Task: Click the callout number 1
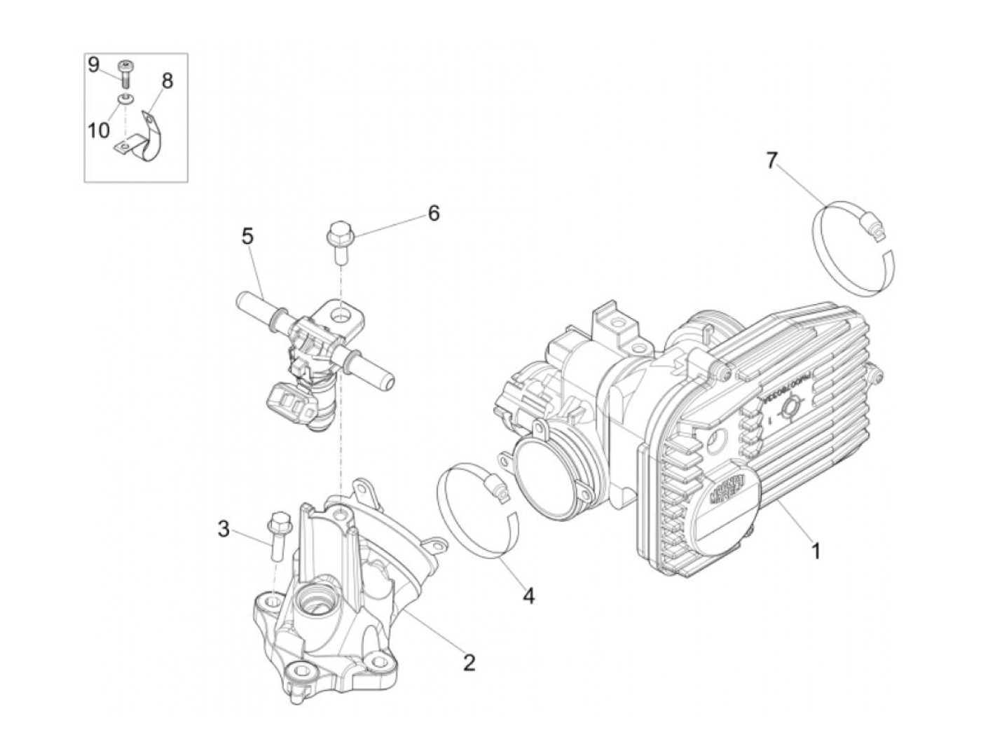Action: coord(815,551)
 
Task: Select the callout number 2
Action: coord(469,662)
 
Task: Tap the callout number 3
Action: coord(223,529)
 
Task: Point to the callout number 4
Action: coord(528,596)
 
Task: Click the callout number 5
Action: coord(247,236)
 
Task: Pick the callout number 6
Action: coord(434,213)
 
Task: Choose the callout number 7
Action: coord(771,161)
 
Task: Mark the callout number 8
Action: coord(167,81)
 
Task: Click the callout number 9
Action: coord(94,65)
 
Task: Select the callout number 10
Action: coord(99,130)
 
